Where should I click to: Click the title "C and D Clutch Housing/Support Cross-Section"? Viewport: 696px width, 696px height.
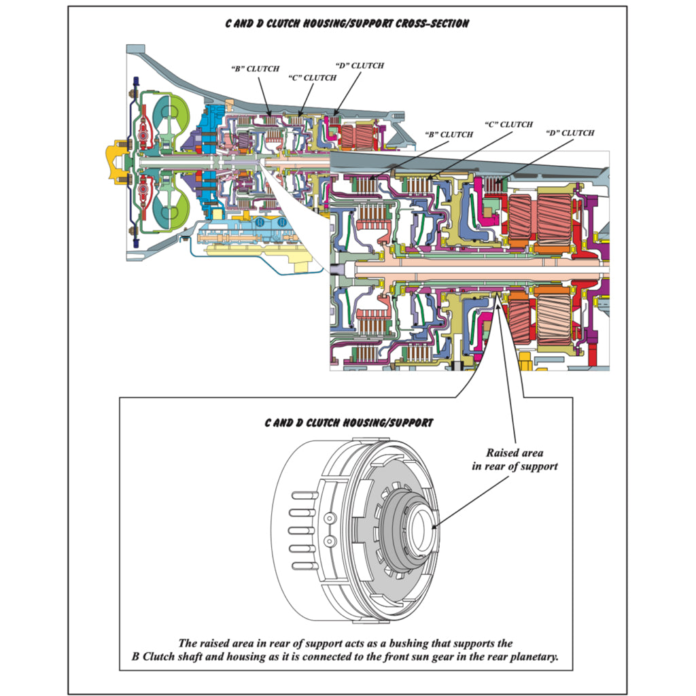click(x=347, y=24)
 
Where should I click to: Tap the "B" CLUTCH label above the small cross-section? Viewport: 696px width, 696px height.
click(x=255, y=69)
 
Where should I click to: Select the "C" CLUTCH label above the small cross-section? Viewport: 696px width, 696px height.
click(x=312, y=77)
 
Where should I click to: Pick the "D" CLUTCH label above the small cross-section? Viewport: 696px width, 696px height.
click(x=360, y=66)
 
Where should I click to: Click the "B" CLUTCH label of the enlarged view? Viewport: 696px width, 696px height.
click(x=448, y=135)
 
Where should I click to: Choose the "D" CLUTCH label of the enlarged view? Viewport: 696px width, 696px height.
click(x=570, y=133)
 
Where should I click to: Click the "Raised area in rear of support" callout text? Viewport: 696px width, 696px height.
click(x=515, y=459)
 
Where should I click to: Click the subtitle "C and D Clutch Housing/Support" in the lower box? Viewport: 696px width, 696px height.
click(x=348, y=422)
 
